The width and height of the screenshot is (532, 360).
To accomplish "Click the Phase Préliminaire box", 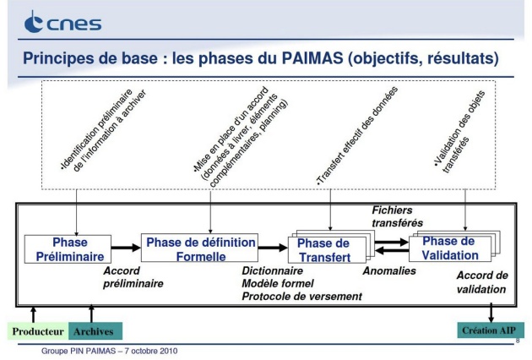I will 65,248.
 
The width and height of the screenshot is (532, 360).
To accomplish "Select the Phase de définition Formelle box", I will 200,248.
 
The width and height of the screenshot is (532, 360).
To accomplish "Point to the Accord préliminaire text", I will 133,278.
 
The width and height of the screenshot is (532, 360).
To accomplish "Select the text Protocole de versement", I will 301,296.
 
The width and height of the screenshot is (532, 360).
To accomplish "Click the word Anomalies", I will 390,272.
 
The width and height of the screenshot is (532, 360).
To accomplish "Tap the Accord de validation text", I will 481,283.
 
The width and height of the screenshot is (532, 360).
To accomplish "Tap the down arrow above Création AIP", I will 491,312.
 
